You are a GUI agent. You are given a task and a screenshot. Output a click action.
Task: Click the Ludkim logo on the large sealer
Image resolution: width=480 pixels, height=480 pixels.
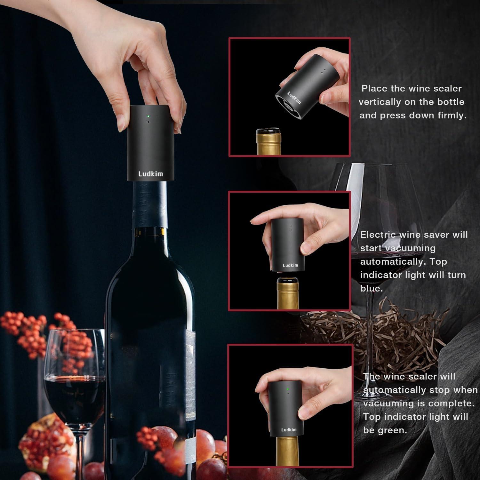150,174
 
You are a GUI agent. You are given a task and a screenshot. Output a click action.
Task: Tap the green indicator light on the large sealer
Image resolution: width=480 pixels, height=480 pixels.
148,116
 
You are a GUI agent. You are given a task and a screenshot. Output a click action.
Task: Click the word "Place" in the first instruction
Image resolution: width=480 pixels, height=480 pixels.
374,88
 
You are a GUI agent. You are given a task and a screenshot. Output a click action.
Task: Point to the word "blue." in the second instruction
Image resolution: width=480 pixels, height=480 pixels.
371,288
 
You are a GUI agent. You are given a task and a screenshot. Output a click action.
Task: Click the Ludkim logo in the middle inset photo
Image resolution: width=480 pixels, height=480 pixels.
290,265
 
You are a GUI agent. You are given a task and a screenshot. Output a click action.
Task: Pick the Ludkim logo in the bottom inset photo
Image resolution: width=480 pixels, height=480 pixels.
289,429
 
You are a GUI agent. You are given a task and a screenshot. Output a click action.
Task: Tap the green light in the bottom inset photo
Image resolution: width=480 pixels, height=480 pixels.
288,389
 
